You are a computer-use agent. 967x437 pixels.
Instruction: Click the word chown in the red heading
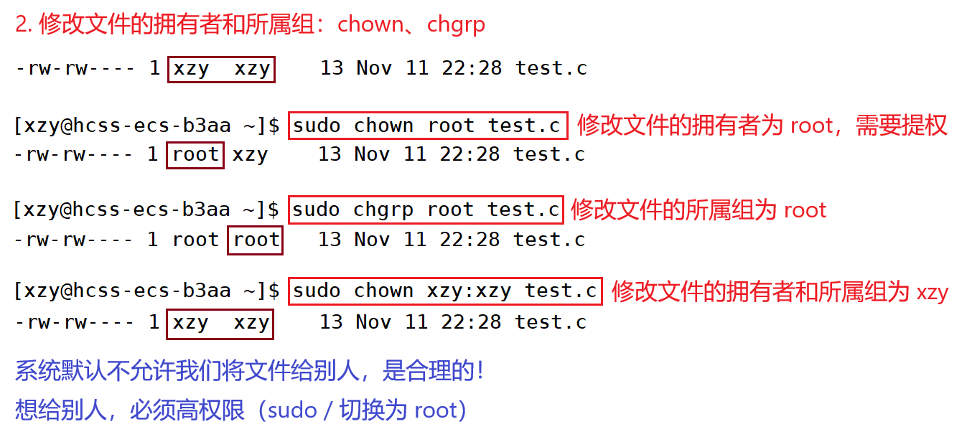coord(370,24)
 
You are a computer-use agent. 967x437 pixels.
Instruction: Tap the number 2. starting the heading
coord(24,24)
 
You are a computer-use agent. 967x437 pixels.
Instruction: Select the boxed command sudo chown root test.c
coord(428,126)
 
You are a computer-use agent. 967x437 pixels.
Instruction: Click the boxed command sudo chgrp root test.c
coord(426,210)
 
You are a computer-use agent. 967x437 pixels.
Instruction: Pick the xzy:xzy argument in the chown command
coord(469,291)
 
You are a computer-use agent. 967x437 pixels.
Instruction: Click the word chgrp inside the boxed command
coord(383,210)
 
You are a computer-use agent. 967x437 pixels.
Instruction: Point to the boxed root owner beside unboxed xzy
coord(195,155)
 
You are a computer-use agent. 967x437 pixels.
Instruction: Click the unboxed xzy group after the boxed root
coord(250,155)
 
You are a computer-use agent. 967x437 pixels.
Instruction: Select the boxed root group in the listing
coord(255,240)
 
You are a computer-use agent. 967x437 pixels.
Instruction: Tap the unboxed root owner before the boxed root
coord(195,240)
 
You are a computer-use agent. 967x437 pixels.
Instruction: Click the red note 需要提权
coord(902,126)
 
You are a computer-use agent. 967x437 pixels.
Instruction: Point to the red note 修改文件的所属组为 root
coord(699,210)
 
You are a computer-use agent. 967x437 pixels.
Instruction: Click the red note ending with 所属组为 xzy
coord(780,291)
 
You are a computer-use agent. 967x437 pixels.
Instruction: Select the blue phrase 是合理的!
coord(433,370)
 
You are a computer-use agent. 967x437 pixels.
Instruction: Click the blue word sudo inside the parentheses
coord(292,410)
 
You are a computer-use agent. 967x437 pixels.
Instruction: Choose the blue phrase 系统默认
coord(61,370)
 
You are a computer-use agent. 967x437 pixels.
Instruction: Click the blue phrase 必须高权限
coord(187,410)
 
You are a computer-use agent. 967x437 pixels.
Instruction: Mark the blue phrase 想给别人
coord(61,410)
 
